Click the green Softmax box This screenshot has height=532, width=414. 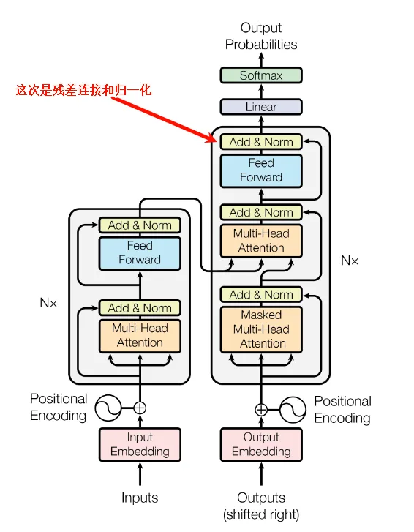[x=260, y=75]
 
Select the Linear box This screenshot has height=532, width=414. [x=260, y=107]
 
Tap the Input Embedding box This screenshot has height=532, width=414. [x=140, y=444]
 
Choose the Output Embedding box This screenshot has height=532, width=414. [x=261, y=444]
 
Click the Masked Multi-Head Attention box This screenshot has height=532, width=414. [x=261, y=329]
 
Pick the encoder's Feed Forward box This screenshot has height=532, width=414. [x=140, y=253]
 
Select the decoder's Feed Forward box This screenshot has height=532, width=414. [x=260, y=171]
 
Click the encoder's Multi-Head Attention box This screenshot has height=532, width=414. [x=140, y=336]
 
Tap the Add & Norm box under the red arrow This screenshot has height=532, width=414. [x=260, y=142]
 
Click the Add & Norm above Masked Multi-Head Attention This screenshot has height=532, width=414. [x=260, y=294]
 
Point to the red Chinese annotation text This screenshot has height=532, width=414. [x=83, y=90]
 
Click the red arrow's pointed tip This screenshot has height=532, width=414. [x=217, y=141]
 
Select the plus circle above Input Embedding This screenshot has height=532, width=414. [x=140, y=408]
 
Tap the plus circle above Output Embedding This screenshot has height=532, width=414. [x=261, y=410]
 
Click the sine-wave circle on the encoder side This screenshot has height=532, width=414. [x=108, y=408]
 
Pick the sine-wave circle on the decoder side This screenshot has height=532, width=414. [x=293, y=410]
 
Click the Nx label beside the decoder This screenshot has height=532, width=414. [x=349, y=261]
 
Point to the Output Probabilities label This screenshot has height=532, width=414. [x=261, y=36]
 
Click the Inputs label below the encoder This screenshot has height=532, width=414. [x=140, y=498]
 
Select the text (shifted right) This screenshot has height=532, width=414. [x=261, y=514]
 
